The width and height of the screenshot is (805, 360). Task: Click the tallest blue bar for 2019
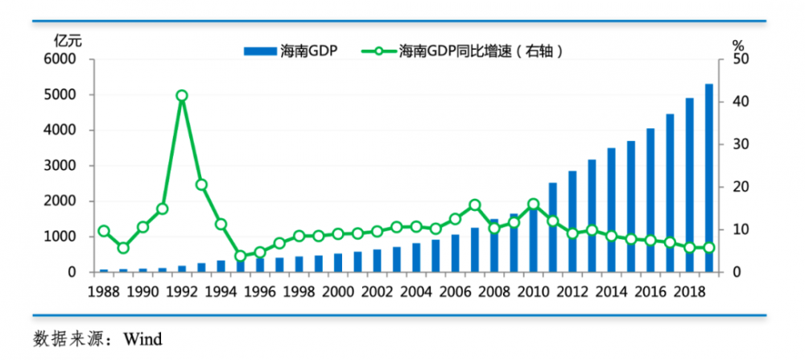[709, 178]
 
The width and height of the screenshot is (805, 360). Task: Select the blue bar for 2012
[572, 221]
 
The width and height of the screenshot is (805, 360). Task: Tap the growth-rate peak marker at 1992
[182, 96]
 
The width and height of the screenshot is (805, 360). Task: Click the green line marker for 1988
[104, 231]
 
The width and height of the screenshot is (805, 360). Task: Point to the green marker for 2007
[475, 205]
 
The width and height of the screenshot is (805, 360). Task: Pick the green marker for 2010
[534, 205]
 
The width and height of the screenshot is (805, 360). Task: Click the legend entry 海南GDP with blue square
[291, 52]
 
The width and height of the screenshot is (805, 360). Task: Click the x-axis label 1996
[259, 292]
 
